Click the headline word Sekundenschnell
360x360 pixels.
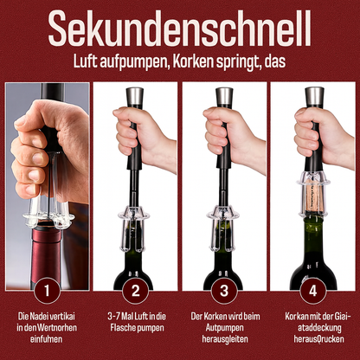180,29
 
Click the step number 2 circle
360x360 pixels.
134,289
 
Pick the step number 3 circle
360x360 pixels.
224,289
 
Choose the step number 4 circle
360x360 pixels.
314,289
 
